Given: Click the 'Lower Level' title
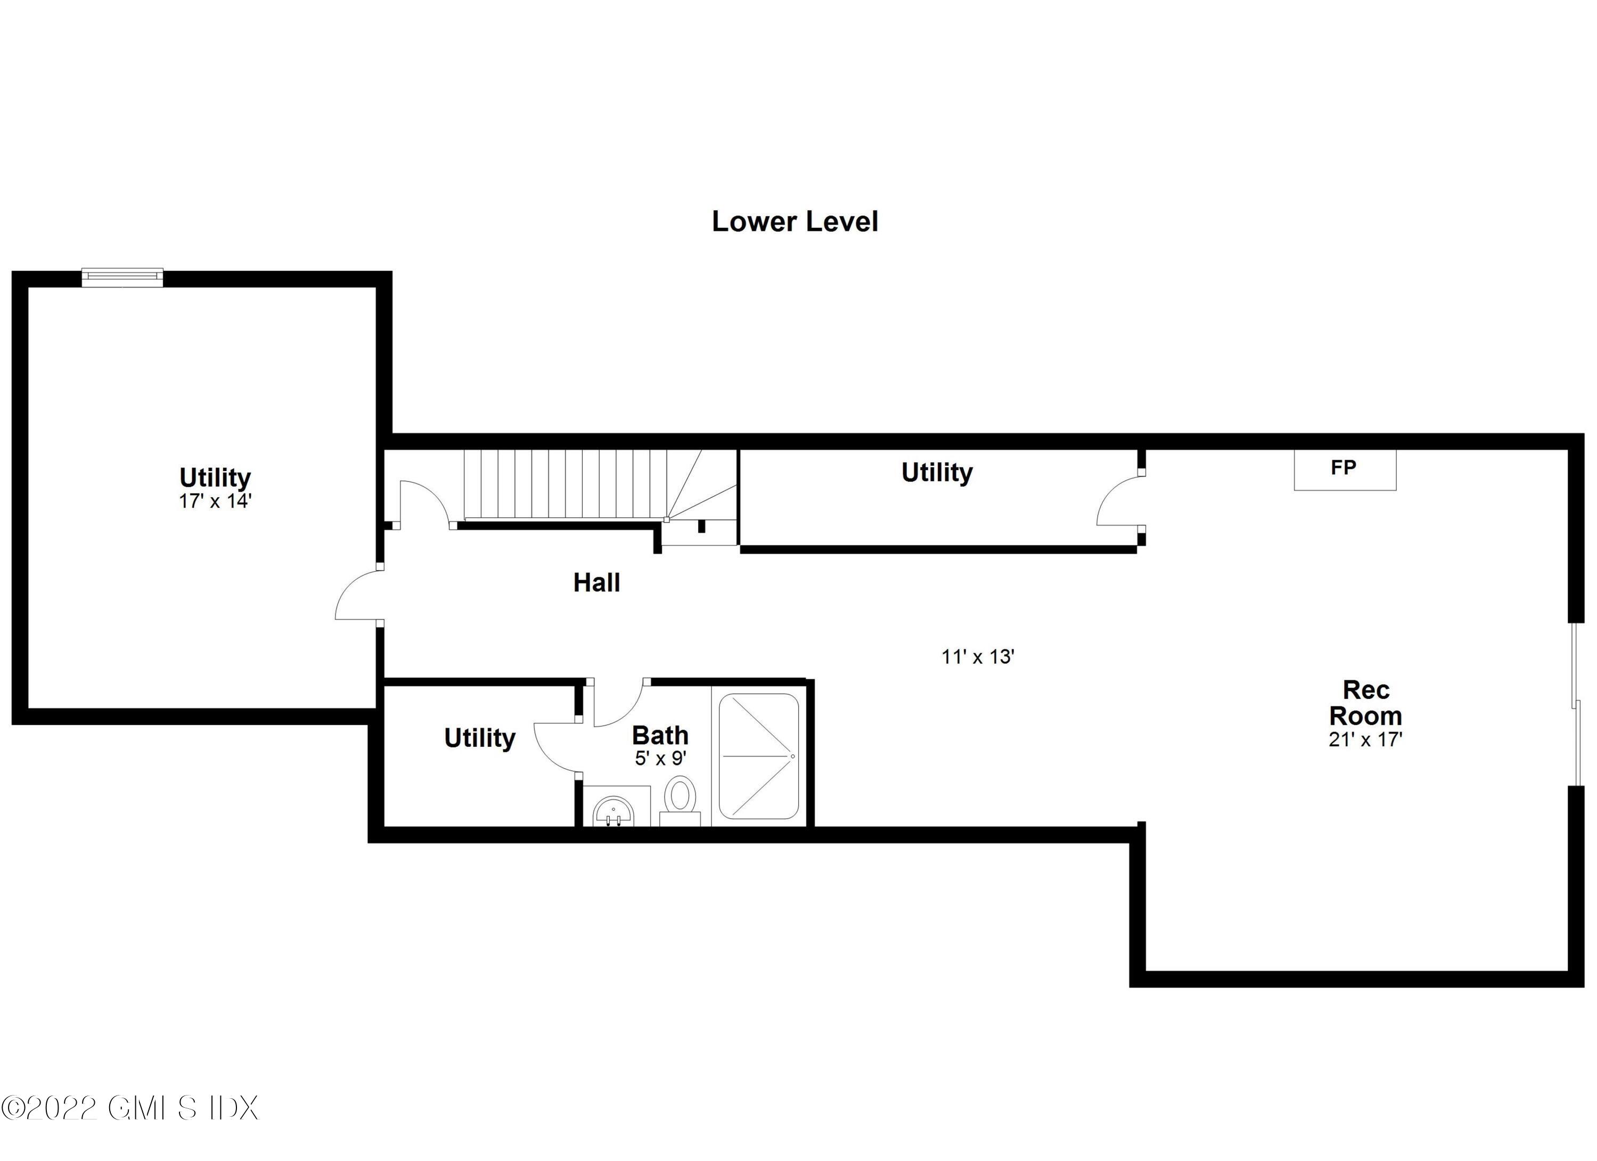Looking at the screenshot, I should pos(795,222).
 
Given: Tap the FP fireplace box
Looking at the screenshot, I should pos(1344,469).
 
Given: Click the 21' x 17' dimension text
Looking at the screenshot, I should pos(1365,740).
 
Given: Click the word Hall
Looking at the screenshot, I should pos(596,583).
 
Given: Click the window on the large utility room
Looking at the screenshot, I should pos(122,277).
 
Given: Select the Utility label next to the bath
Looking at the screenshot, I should pos(479,738).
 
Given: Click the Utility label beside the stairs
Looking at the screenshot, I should pos(937,472).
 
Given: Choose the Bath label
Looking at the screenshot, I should pos(660,736).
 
